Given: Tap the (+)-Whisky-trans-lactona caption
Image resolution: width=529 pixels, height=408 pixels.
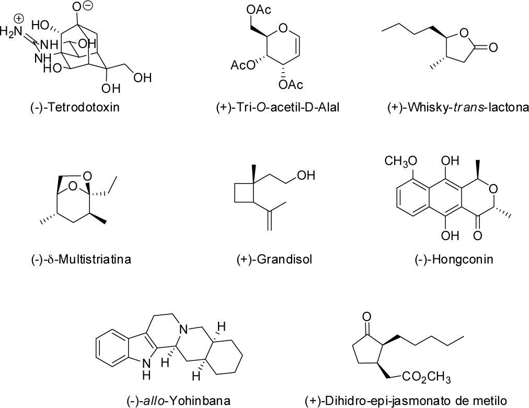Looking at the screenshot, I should click(451, 108).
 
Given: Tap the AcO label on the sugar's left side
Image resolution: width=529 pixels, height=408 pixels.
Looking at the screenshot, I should click(242, 65).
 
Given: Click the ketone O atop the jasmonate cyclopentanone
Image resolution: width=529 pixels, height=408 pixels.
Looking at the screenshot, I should click(367, 316).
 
